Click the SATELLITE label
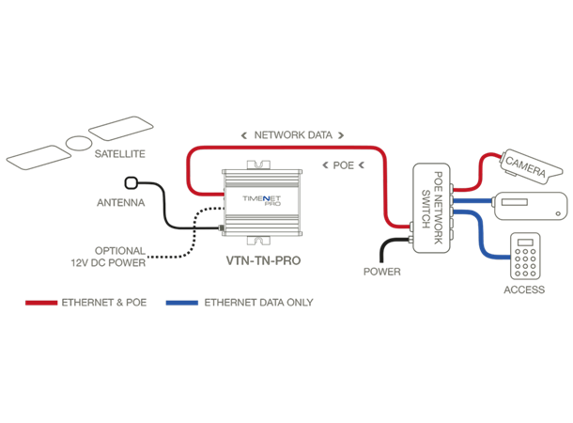(x=120, y=152)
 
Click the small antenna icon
(x=132, y=183)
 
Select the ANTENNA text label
(x=120, y=202)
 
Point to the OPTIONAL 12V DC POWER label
(x=119, y=257)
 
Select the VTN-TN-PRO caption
(x=263, y=258)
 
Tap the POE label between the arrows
(x=344, y=164)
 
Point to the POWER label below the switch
(x=381, y=272)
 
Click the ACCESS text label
(x=523, y=290)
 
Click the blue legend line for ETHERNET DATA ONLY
(x=180, y=303)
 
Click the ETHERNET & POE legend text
(x=104, y=303)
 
